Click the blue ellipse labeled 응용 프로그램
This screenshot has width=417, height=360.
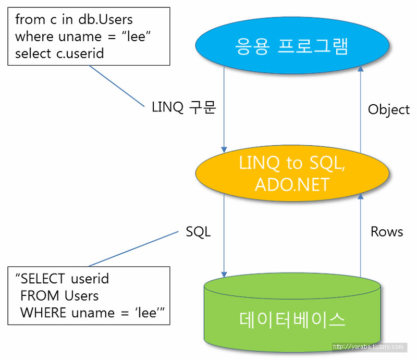point(292,45)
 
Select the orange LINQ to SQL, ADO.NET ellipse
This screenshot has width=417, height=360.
point(292,173)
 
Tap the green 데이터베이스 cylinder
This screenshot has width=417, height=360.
point(292,312)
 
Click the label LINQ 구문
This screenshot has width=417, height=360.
point(184,107)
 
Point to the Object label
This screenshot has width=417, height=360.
point(388,109)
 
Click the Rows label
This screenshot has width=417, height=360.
point(387,232)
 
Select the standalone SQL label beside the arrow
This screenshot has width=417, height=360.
point(198,232)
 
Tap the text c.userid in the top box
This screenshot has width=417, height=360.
point(80,54)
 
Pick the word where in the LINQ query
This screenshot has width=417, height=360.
point(34,36)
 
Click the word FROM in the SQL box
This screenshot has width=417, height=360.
point(40,295)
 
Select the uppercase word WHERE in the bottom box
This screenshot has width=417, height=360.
point(43,313)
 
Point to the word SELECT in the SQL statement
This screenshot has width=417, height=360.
point(43,279)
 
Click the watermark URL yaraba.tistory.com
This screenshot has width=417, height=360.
point(368,346)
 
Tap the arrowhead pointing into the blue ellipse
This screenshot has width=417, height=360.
point(360,69)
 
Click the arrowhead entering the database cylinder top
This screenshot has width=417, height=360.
point(224,274)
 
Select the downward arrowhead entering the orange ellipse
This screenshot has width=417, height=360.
point(224,150)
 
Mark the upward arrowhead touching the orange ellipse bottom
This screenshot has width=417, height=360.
point(360,197)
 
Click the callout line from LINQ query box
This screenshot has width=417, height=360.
point(117,86)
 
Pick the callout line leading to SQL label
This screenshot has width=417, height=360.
point(134,249)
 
